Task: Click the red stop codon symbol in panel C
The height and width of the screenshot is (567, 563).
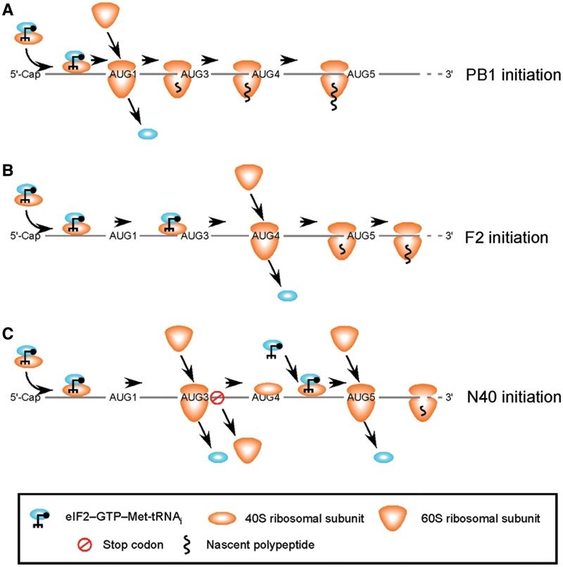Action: (x=217, y=398)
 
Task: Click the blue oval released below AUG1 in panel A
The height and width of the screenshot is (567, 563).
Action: (x=148, y=134)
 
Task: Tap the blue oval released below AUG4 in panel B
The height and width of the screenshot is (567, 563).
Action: (x=286, y=296)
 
